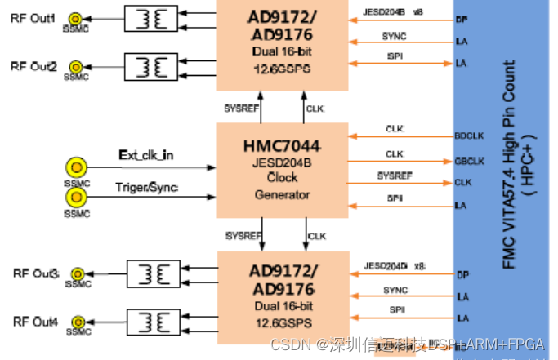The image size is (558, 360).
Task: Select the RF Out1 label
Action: click(33, 18)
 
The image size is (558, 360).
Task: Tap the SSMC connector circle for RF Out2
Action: click(76, 67)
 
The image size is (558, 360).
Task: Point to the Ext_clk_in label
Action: click(145, 154)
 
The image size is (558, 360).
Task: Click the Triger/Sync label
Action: click(147, 189)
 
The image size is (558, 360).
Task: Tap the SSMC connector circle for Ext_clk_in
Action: click(76, 168)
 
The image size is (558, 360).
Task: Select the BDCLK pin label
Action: click(466, 136)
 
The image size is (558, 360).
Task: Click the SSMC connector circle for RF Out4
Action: click(76, 322)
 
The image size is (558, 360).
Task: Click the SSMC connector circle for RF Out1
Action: click(76, 18)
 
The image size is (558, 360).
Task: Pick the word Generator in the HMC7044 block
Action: click(282, 195)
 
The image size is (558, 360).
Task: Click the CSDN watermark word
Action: click(288, 344)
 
